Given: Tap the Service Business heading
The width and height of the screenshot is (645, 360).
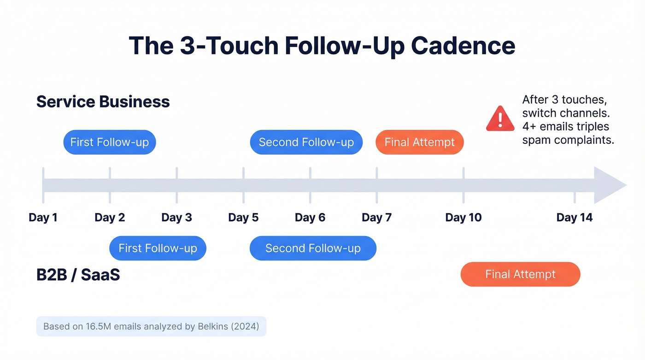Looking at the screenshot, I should (x=103, y=101).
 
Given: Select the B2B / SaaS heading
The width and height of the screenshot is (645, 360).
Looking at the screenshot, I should (x=78, y=275).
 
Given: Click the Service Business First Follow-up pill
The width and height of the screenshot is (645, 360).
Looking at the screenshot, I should (x=110, y=142).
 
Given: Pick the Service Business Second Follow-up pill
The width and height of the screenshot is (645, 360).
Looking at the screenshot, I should (x=306, y=142).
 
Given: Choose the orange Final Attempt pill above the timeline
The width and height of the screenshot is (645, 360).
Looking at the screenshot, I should (x=420, y=142).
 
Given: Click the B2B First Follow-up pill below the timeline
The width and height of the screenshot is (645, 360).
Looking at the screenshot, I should (x=158, y=248).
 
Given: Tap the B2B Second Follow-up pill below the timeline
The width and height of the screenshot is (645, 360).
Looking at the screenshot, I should (x=313, y=248).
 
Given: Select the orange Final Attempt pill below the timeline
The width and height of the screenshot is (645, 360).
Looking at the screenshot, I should (x=520, y=274).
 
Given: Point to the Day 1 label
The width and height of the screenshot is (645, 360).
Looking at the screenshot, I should (x=43, y=218).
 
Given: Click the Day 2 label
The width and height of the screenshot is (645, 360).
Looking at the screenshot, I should (x=110, y=218).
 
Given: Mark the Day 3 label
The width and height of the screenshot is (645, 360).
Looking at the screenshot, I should (x=176, y=218).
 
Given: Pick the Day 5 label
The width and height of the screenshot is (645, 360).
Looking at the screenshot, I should (x=243, y=218).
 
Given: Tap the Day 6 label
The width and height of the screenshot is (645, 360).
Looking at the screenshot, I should (x=310, y=218).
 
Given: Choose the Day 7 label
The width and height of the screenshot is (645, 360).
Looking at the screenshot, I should (x=377, y=218).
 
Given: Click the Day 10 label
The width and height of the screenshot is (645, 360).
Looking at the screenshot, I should (x=463, y=218).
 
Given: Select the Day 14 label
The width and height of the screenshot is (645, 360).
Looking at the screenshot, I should (x=575, y=218).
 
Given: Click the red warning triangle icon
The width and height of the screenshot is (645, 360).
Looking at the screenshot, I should (x=500, y=118).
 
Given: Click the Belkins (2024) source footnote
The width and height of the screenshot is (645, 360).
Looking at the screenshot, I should (x=151, y=326).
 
